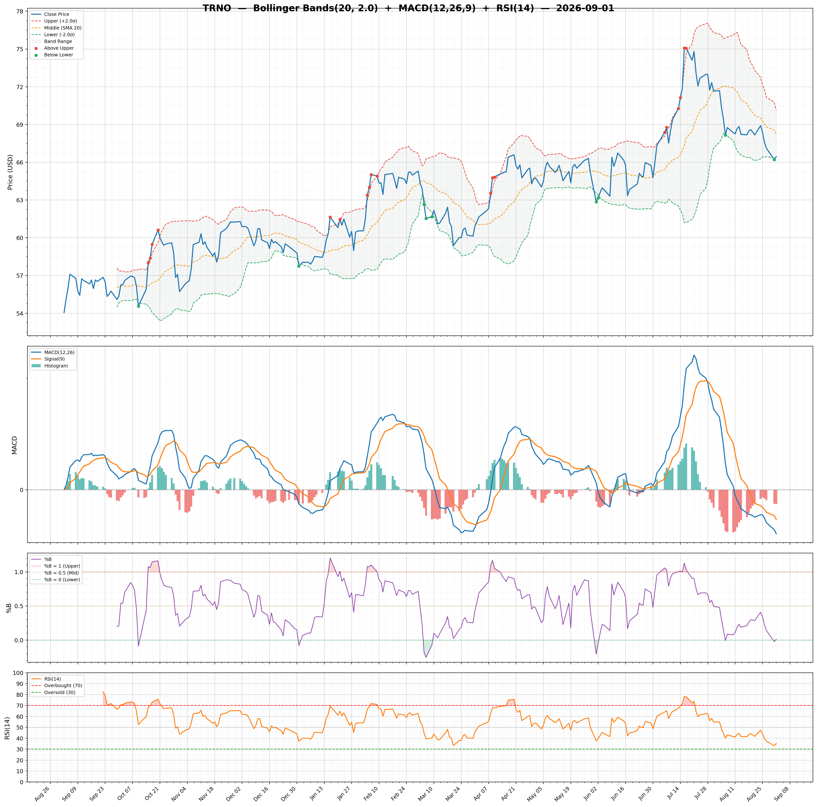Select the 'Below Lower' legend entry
tap(58, 55)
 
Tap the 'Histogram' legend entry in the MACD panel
tap(56, 366)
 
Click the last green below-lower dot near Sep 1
tap(774, 159)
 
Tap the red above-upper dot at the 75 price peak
tap(684, 48)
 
